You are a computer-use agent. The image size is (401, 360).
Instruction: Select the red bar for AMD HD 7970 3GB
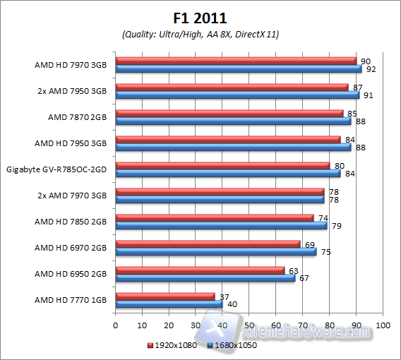click(x=236, y=61)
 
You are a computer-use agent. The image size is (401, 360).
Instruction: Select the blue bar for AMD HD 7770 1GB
click(x=169, y=304)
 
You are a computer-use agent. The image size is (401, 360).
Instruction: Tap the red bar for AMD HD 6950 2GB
click(x=200, y=270)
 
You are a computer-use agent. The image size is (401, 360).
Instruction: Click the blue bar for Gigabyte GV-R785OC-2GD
click(x=227, y=174)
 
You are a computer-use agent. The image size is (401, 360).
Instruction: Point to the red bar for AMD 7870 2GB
click(x=229, y=113)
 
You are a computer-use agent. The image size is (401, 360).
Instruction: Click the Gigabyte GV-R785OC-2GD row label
click(x=56, y=169)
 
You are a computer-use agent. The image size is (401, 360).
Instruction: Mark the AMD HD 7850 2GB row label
click(x=71, y=222)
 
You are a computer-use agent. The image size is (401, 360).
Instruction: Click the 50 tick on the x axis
click(x=249, y=325)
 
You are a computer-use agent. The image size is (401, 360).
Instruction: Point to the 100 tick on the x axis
click(x=382, y=325)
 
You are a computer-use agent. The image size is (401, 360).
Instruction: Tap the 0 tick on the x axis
click(x=116, y=325)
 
